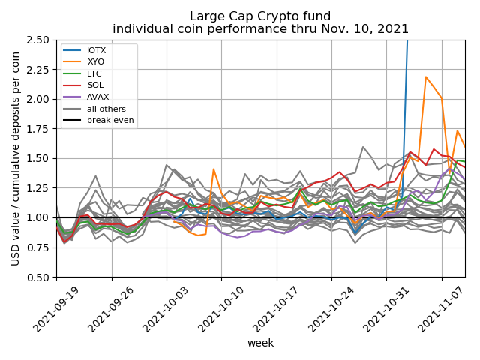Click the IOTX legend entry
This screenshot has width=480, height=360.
coord(85,50)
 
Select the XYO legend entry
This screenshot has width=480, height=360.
coord(84,61)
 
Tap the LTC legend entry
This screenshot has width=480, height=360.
coord(82,73)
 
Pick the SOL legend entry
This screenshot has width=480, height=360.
coord(83,85)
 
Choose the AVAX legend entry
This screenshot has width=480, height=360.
coord(86,97)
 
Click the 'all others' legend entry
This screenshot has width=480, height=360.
coord(94,109)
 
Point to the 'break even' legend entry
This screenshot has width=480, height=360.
coord(98,120)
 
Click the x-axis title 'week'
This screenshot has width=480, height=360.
coord(261,343)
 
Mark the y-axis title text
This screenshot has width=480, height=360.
coord(15,158)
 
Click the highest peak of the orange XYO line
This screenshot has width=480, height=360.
coord(426,76)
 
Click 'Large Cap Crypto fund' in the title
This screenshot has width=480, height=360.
coord(260,16)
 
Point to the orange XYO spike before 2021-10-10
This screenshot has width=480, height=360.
coord(213,169)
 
